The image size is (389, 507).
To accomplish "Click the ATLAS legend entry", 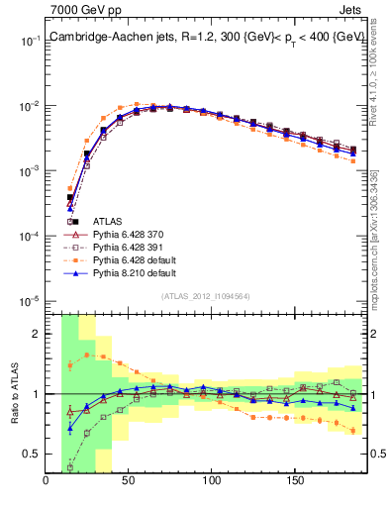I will click(x=107, y=221).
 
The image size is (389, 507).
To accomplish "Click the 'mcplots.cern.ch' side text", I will click(x=376, y=253).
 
